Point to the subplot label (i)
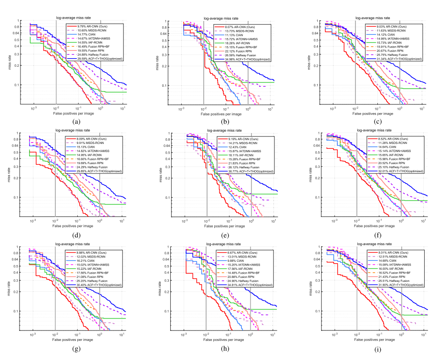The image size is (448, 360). [378, 349]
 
